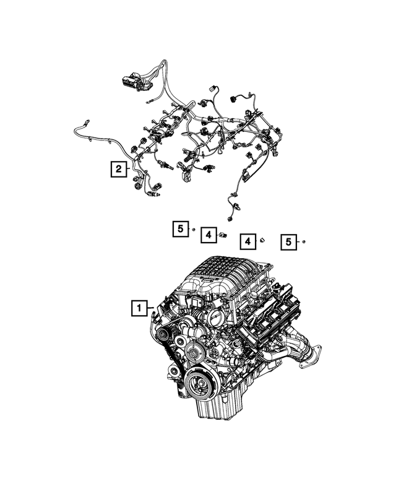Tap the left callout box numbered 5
point(180,230)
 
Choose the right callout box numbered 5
point(288,242)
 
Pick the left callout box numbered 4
point(209,235)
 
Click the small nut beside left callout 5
point(194,230)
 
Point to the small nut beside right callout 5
point(304,241)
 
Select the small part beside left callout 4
point(223,235)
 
